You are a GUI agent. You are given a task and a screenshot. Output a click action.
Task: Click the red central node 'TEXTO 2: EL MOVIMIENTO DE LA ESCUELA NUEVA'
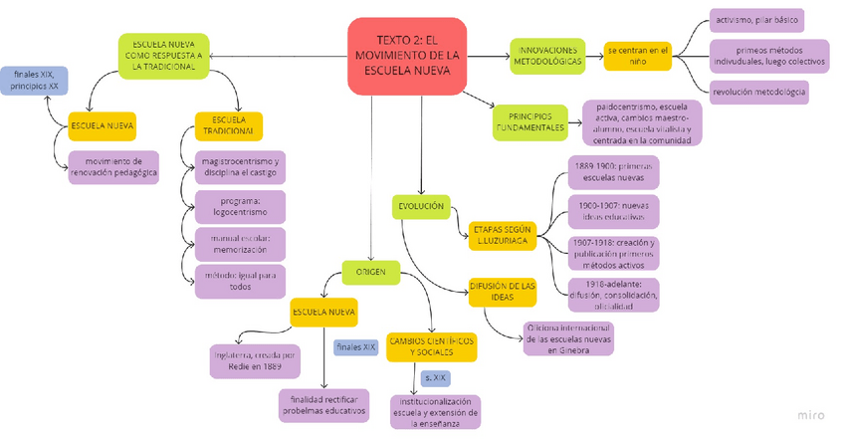(407, 56)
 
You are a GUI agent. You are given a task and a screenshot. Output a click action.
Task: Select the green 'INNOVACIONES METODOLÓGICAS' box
(546, 55)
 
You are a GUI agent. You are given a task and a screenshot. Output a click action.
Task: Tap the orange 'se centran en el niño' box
(638, 55)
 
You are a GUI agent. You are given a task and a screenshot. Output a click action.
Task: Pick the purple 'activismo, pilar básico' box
(756, 20)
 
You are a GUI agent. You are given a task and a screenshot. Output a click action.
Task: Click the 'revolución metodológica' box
(759, 92)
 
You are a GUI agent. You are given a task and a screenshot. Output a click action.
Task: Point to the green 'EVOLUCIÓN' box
(421, 206)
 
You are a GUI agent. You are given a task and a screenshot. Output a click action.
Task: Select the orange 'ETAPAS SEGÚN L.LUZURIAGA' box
(503, 235)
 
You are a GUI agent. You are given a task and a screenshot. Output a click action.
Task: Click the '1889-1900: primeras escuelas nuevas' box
(613, 173)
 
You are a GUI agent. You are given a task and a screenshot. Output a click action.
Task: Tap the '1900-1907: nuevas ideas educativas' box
(613, 211)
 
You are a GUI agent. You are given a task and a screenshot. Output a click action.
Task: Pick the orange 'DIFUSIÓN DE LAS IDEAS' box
(504, 291)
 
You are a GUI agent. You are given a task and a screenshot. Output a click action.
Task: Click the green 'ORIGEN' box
(370, 271)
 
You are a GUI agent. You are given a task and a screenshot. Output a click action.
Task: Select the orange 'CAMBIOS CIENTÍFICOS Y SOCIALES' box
(431, 346)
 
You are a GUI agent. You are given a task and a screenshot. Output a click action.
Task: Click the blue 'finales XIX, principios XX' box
(34, 81)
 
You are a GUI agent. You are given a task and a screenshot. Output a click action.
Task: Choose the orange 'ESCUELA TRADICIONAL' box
(229, 126)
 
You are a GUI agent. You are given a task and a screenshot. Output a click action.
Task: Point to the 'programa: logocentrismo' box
(240, 206)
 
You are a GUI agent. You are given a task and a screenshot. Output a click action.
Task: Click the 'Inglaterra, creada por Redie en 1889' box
(255, 360)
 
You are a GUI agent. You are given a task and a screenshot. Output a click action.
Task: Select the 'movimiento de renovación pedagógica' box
(113, 167)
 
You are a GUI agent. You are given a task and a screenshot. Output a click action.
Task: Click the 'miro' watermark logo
(811, 415)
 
